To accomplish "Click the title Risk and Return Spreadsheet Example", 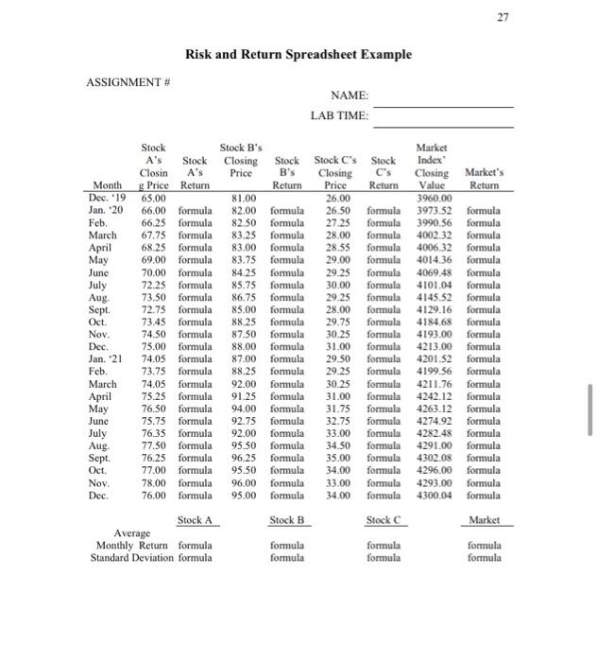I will pyautogui.click(x=298, y=54).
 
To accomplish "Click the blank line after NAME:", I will pyautogui.click(x=444, y=97).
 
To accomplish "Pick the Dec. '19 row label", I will pyautogui.click(x=111, y=199).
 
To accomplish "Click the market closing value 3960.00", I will pyautogui.click(x=434, y=199).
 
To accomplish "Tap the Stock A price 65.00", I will pyautogui.click(x=154, y=199).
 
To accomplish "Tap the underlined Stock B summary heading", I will pyautogui.click(x=284, y=520).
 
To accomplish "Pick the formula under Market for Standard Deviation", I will pyautogui.click(x=483, y=557).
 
